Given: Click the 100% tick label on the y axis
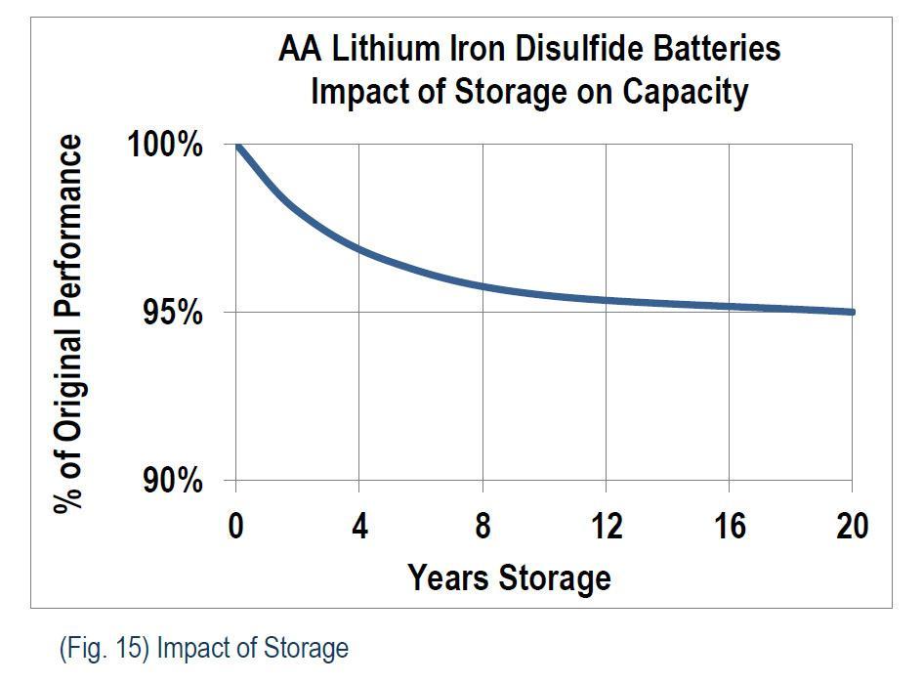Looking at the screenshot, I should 165,146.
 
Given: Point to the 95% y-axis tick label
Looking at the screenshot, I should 173,313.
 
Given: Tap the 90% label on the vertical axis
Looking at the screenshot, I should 173,481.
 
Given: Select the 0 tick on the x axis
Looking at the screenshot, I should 235,527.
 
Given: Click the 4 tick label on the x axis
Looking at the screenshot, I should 359,527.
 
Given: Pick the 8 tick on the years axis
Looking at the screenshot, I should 482,527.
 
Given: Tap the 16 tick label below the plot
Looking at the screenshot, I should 729,527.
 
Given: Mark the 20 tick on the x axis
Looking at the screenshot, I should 852,527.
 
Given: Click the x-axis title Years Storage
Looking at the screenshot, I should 509,576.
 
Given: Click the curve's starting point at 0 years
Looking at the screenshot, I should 237,146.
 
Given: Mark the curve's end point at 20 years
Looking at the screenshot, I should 852,312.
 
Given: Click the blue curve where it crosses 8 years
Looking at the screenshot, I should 482,286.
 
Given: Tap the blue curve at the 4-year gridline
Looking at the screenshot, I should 359,249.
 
